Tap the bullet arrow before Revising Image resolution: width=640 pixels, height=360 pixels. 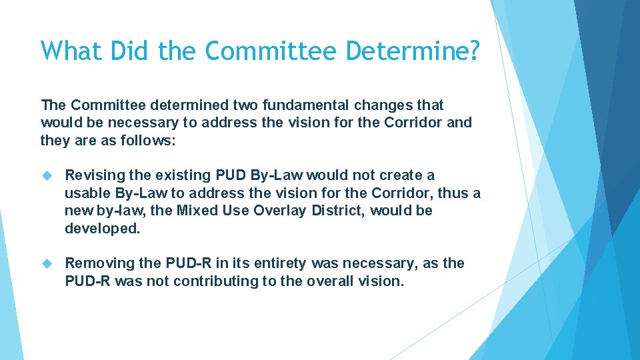click(x=47, y=175)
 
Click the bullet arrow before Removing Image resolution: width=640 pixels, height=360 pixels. click(x=47, y=264)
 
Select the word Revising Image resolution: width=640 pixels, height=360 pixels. click(x=95, y=175)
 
